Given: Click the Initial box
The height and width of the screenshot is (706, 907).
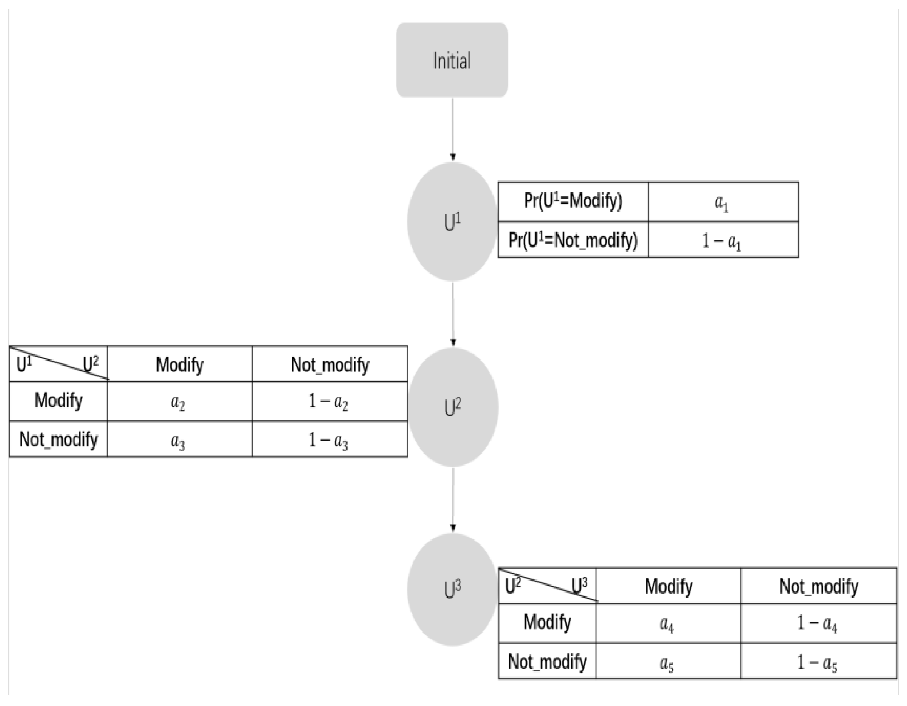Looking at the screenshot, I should point(452,60).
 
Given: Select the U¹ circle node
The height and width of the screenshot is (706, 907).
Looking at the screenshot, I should point(452,222).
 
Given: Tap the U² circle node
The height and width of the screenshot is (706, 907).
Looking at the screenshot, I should point(453,407).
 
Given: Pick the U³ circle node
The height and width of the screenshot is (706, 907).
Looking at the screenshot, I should point(452,589).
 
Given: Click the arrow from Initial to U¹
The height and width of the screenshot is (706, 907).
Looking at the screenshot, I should point(453,129).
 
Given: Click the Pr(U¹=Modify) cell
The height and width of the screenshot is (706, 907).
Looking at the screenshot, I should point(573,202).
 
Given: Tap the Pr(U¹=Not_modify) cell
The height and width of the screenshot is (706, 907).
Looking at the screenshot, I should point(573,240).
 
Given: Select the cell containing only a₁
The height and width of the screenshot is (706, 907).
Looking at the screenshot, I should point(723,202).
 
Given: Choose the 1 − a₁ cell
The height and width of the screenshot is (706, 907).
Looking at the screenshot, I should point(723,240).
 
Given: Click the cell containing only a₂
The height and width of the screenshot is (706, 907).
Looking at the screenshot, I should point(179,401).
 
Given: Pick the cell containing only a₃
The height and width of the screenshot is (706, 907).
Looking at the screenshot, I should point(179,439).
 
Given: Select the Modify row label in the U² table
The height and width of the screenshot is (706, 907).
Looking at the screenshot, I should point(59,401).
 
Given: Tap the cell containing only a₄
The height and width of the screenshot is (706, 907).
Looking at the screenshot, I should point(668,623).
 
